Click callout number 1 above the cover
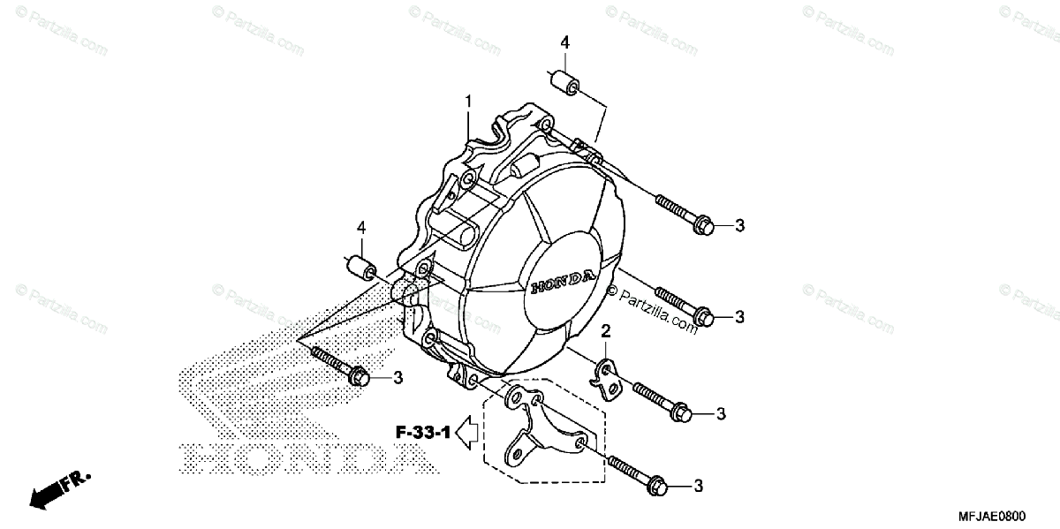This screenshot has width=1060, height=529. pos(468,102)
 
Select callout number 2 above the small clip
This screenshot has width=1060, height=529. pos(606,331)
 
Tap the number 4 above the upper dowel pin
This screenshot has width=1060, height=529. pos(564,42)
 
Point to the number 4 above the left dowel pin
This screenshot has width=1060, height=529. pos(360,228)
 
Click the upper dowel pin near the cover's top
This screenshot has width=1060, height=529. pos(564,84)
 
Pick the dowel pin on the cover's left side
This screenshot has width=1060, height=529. pos(360,266)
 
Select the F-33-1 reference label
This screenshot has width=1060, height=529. pos(422,433)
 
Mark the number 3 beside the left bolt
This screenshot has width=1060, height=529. pos(397,378)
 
